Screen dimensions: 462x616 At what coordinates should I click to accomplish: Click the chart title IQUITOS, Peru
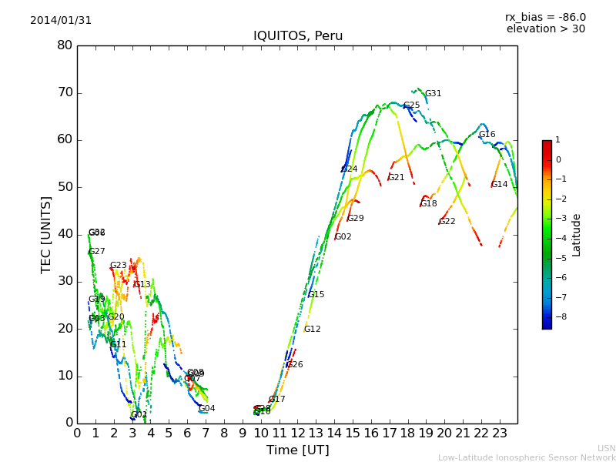pos(298,36)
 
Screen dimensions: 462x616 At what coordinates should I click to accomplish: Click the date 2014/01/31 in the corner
pos(61,21)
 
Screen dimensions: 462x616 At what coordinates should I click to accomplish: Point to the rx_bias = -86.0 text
pos(545,17)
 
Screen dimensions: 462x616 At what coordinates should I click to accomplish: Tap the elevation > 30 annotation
pos(545,29)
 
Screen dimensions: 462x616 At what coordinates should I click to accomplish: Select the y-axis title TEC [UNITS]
pos(46,235)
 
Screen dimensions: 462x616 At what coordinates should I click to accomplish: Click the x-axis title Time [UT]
pos(297,450)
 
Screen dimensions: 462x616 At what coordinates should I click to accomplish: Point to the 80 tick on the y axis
pos(65,45)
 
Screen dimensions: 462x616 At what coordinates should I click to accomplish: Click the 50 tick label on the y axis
pos(65,187)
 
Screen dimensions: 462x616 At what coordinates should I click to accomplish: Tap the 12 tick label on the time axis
pos(297,434)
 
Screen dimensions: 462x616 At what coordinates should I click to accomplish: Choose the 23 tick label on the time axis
pos(499,434)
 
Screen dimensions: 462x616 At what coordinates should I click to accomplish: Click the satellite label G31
pos(434,94)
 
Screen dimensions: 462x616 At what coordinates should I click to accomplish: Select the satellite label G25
pos(412,105)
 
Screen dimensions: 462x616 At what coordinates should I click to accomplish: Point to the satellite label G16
pos(487,135)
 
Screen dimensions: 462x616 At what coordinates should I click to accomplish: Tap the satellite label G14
pos(500,185)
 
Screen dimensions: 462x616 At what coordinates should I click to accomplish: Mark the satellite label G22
pos(447,222)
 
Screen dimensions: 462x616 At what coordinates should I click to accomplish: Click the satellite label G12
pos(313,330)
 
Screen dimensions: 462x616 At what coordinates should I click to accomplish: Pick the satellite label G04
pos(207,409)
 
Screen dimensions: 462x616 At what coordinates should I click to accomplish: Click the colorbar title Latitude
pos(577,235)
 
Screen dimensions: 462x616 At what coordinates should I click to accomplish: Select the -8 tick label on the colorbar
pos(558,316)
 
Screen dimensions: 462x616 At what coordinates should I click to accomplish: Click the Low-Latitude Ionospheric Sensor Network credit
pos(527,458)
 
